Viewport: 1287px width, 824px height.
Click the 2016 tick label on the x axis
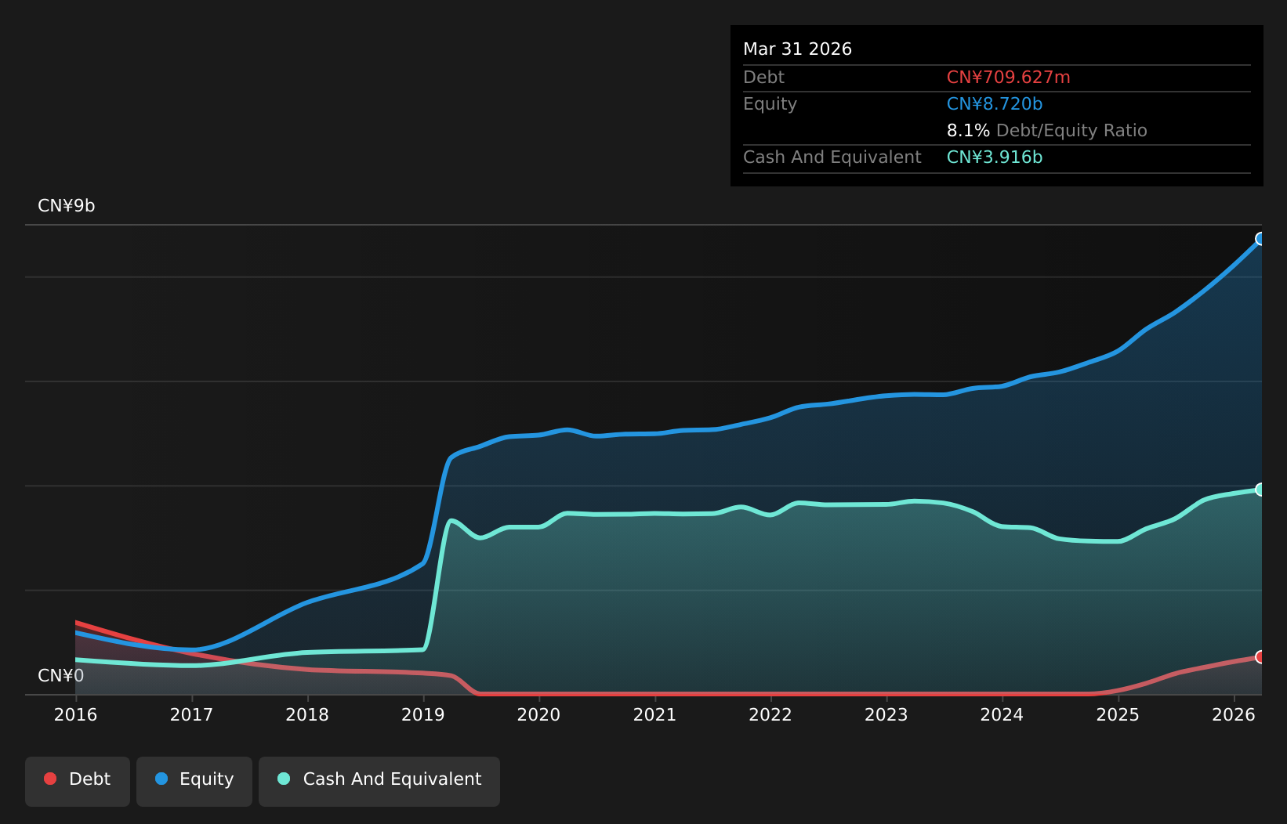tap(76, 715)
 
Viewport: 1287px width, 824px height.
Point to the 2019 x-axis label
tap(423, 715)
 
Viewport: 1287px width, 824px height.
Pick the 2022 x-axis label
tap(770, 715)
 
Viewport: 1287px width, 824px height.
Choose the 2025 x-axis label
tap(1118, 715)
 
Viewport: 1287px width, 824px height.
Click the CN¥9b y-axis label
tap(66, 205)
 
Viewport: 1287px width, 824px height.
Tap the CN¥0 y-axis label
tap(61, 676)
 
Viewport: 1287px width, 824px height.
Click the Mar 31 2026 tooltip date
tap(797, 49)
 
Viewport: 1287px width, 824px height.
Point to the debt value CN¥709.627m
tap(1008, 78)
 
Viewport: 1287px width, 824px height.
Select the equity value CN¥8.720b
tap(995, 104)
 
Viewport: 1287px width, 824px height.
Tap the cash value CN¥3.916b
tap(995, 157)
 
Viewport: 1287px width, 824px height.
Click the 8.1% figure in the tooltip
tap(968, 131)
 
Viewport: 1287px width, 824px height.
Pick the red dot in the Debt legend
tap(50, 779)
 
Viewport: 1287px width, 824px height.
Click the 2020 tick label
tap(539, 715)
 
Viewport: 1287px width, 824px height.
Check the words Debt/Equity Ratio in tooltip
tap(1071, 131)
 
